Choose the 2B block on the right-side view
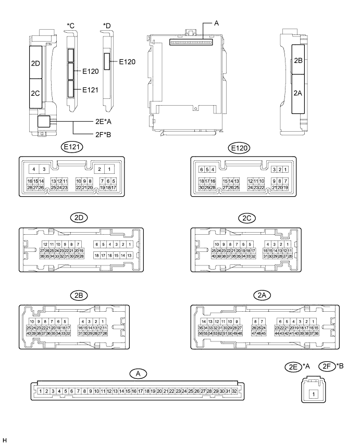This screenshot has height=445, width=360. [x=299, y=60]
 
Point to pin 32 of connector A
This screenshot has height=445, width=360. [x=234, y=391]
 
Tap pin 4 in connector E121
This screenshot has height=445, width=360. [x=33, y=170]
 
